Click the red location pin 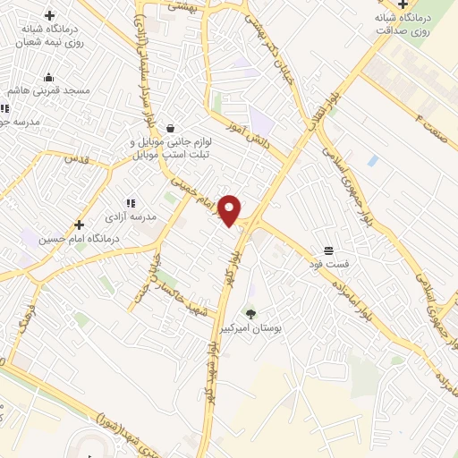pyautogui.click(x=230, y=209)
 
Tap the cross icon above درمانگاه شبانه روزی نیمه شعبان pyautogui.click(x=49, y=15)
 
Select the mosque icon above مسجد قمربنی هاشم pyautogui.click(x=48, y=77)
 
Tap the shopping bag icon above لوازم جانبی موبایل pyautogui.click(x=169, y=128)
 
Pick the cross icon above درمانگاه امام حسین pyautogui.click(x=79, y=225)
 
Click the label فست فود pyautogui.click(x=328, y=264)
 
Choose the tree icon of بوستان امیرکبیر pyautogui.click(x=250, y=314)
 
